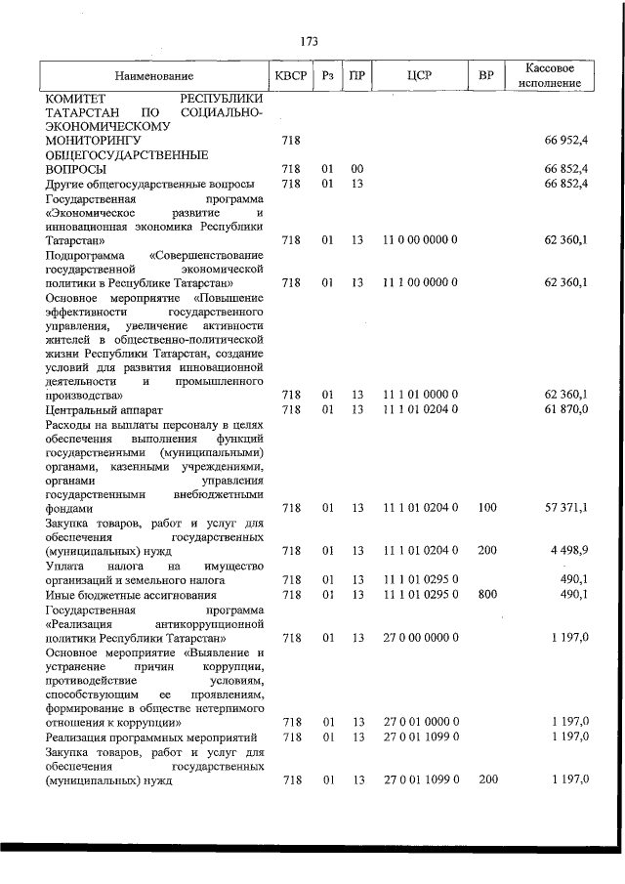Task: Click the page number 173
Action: (x=311, y=42)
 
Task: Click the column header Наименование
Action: (x=153, y=76)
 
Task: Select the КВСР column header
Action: (x=289, y=76)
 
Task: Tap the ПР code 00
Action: (x=357, y=169)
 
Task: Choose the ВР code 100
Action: (x=486, y=508)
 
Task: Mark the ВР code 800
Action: (x=486, y=594)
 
